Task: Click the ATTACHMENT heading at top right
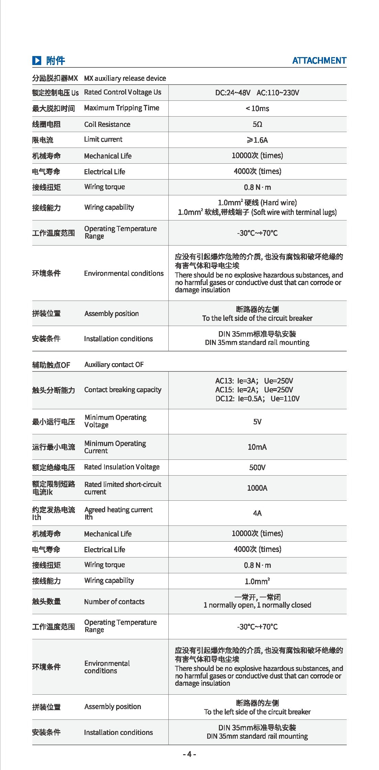click(x=319, y=61)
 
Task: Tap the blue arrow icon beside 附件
click(x=37, y=61)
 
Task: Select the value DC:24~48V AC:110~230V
click(x=257, y=93)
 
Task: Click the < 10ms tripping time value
click(x=257, y=109)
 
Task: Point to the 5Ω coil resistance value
click(x=257, y=124)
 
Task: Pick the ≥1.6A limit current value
click(x=257, y=140)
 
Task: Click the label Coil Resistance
click(x=107, y=124)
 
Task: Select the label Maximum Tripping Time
click(x=122, y=108)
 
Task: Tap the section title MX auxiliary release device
click(x=125, y=78)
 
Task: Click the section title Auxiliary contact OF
click(x=114, y=365)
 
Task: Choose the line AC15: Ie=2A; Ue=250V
click(x=254, y=390)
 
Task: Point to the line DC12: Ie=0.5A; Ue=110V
click(x=257, y=399)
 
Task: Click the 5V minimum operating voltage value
click(x=257, y=422)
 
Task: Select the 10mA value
click(x=257, y=447)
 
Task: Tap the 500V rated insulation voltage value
click(x=257, y=467)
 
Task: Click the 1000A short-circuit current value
click(x=257, y=488)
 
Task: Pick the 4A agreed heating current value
click(x=257, y=513)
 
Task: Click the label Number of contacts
click(x=114, y=602)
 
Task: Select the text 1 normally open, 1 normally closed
click(x=257, y=605)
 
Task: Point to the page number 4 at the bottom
click(x=189, y=754)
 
